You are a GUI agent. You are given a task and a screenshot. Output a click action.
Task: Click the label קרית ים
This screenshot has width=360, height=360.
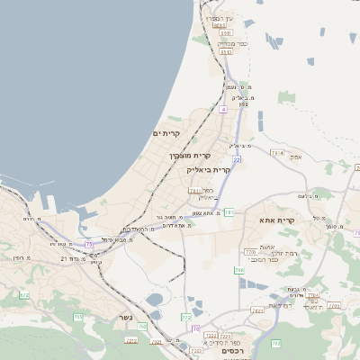[x=166, y=134]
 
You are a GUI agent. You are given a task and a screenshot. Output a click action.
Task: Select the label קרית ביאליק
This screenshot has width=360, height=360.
[x=209, y=169]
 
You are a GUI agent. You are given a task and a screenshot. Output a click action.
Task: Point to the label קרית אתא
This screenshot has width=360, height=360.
[x=277, y=220]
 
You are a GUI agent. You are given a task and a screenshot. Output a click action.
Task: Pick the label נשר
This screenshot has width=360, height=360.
[x=125, y=317]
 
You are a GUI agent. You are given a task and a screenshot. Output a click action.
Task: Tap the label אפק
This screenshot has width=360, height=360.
[x=296, y=157]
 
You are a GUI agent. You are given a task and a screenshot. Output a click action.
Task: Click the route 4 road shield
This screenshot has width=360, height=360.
[x=222, y=109]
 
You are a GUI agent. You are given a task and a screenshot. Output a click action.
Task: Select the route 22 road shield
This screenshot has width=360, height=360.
[x=237, y=159]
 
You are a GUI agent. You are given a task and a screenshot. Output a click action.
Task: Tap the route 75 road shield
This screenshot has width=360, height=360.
[x=88, y=243]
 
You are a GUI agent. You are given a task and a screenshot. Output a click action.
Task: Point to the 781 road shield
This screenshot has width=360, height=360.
[x=229, y=212]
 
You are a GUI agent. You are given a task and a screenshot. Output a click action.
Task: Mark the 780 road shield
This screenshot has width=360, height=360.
[x=238, y=270]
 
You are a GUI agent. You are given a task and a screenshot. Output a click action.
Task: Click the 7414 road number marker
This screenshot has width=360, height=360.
[x=276, y=154]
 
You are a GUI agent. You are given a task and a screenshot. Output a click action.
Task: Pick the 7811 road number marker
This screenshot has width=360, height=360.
[x=195, y=191]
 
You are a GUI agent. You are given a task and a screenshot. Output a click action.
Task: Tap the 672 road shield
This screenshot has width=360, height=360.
[x=24, y=295]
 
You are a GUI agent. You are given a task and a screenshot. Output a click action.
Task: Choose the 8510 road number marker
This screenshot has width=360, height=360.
[x=220, y=26]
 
